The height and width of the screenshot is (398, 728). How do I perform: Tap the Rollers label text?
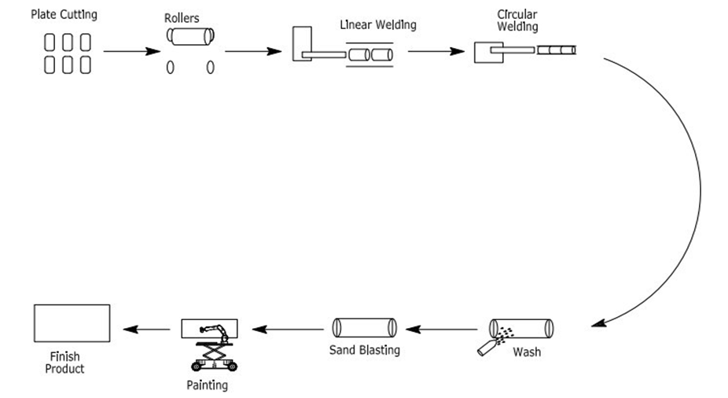(182, 17)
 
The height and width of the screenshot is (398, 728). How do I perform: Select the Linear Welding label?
(377, 24)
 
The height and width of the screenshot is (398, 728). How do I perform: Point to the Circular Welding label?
(517, 21)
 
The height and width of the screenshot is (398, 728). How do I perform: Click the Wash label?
(526, 352)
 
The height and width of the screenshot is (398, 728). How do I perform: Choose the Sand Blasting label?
(364, 350)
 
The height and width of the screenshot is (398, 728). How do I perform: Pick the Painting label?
(207, 385)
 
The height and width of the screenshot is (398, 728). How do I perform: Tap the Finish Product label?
(65, 362)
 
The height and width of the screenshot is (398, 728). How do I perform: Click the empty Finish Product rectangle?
(72, 323)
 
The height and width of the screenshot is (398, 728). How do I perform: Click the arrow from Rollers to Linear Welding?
(252, 52)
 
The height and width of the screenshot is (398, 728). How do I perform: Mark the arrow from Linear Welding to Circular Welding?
(435, 52)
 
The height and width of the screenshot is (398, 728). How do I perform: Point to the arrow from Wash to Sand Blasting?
(445, 328)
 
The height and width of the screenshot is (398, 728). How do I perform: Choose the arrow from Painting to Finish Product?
(149, 328)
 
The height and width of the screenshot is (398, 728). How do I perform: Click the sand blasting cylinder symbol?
(364, 327)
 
